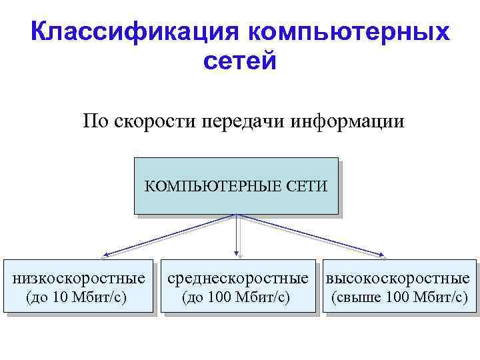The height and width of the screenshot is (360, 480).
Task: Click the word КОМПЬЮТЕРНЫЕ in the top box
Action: point(213,186)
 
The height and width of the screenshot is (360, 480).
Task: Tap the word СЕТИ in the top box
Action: point(306,186)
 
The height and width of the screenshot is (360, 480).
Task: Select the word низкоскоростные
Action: point(79,277)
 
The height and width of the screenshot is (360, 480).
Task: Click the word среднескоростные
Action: point(238,277)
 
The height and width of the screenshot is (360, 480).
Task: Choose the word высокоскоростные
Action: point(398,277)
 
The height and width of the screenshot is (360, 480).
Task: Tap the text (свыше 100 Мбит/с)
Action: point(399,296)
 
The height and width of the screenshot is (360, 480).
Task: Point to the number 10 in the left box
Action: point(60,296)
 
